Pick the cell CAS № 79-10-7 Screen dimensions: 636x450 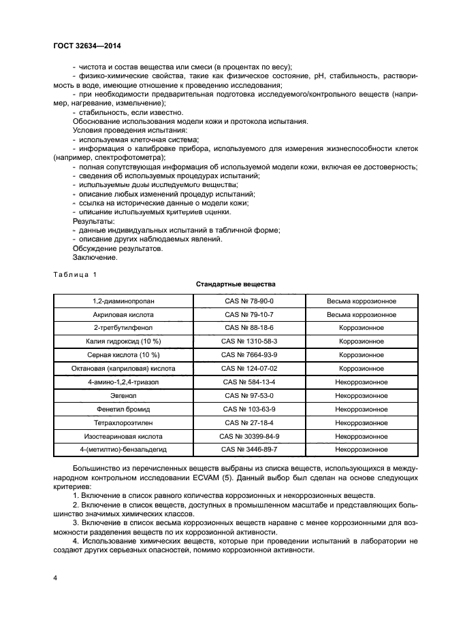pos(249,315)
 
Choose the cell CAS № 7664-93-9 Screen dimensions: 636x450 pos(249,355)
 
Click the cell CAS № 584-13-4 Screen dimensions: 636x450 pos(249,382)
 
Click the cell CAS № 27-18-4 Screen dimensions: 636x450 pos(249,422)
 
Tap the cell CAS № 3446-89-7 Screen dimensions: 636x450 pos(249,450)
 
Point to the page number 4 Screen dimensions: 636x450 pos(54,578)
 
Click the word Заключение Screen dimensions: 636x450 pos(95,258)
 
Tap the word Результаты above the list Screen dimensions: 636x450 pos(93,222)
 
